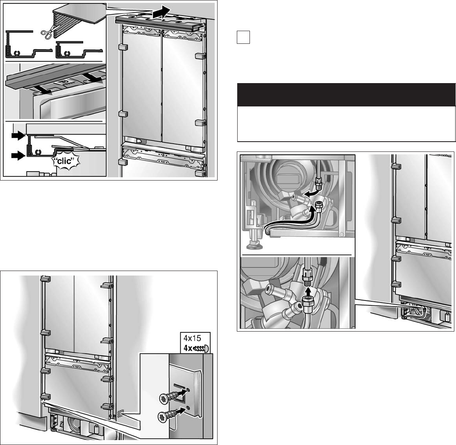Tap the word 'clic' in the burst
64,161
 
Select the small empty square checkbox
243,37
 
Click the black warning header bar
346,95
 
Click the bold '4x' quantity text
187,348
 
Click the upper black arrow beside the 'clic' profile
18,135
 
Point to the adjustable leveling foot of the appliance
254,241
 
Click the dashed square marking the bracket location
120,413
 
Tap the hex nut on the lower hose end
307,304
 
